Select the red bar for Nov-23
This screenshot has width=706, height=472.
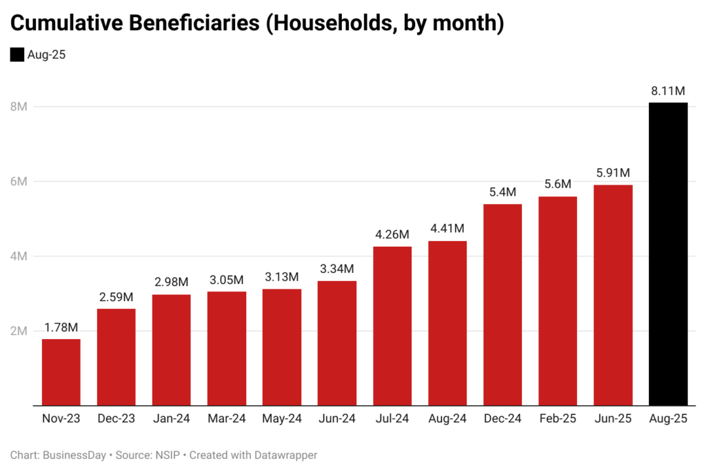coord(61,372)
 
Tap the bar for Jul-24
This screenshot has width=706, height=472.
coord(392,326)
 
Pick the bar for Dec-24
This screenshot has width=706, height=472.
coord(503,305)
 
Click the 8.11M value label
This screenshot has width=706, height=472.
coord(668,91)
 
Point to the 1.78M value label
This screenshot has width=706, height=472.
coord(61,327)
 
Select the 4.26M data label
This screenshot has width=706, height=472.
coord(392,235)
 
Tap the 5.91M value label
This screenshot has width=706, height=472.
coord(613,173)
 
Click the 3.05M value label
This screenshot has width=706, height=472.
coord(227,280)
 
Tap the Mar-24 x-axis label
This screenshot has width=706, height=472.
coord(227,418)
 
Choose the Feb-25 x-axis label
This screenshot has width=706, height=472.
coord(558,418)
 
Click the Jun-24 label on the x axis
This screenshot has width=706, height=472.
coord(337,418)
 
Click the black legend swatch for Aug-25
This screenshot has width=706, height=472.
coord(17,55)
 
